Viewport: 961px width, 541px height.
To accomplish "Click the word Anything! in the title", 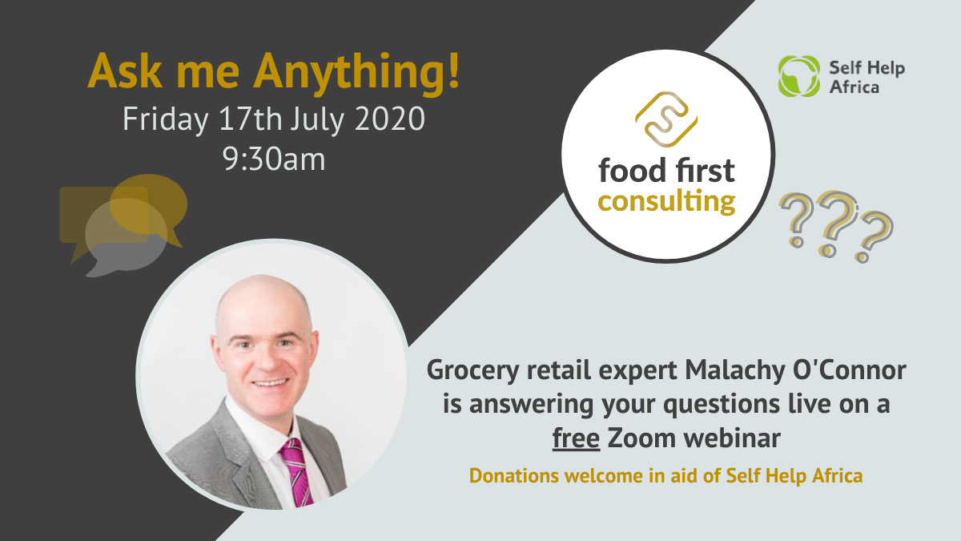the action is click(x=357, y=71).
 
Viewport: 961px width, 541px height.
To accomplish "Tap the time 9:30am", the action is click(x=274, y=159).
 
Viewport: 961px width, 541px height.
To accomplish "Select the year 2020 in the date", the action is click(x=390, y=119).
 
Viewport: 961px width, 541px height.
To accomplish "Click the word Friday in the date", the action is click(x=166, y=120).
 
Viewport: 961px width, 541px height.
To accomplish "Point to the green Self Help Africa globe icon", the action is click(x=799, y=76).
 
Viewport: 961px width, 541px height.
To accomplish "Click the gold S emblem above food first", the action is click(x=666, y=119).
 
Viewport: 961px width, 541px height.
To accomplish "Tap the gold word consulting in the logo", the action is click(x=666, y=202).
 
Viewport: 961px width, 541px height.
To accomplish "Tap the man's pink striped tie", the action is click(x=296, y=472).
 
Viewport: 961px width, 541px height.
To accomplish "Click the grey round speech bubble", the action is click(x=125, y=237).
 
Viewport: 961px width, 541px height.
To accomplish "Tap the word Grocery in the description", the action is click(x=472, y=370).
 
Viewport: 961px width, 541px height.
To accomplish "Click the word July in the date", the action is click(x=317, y=120).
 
